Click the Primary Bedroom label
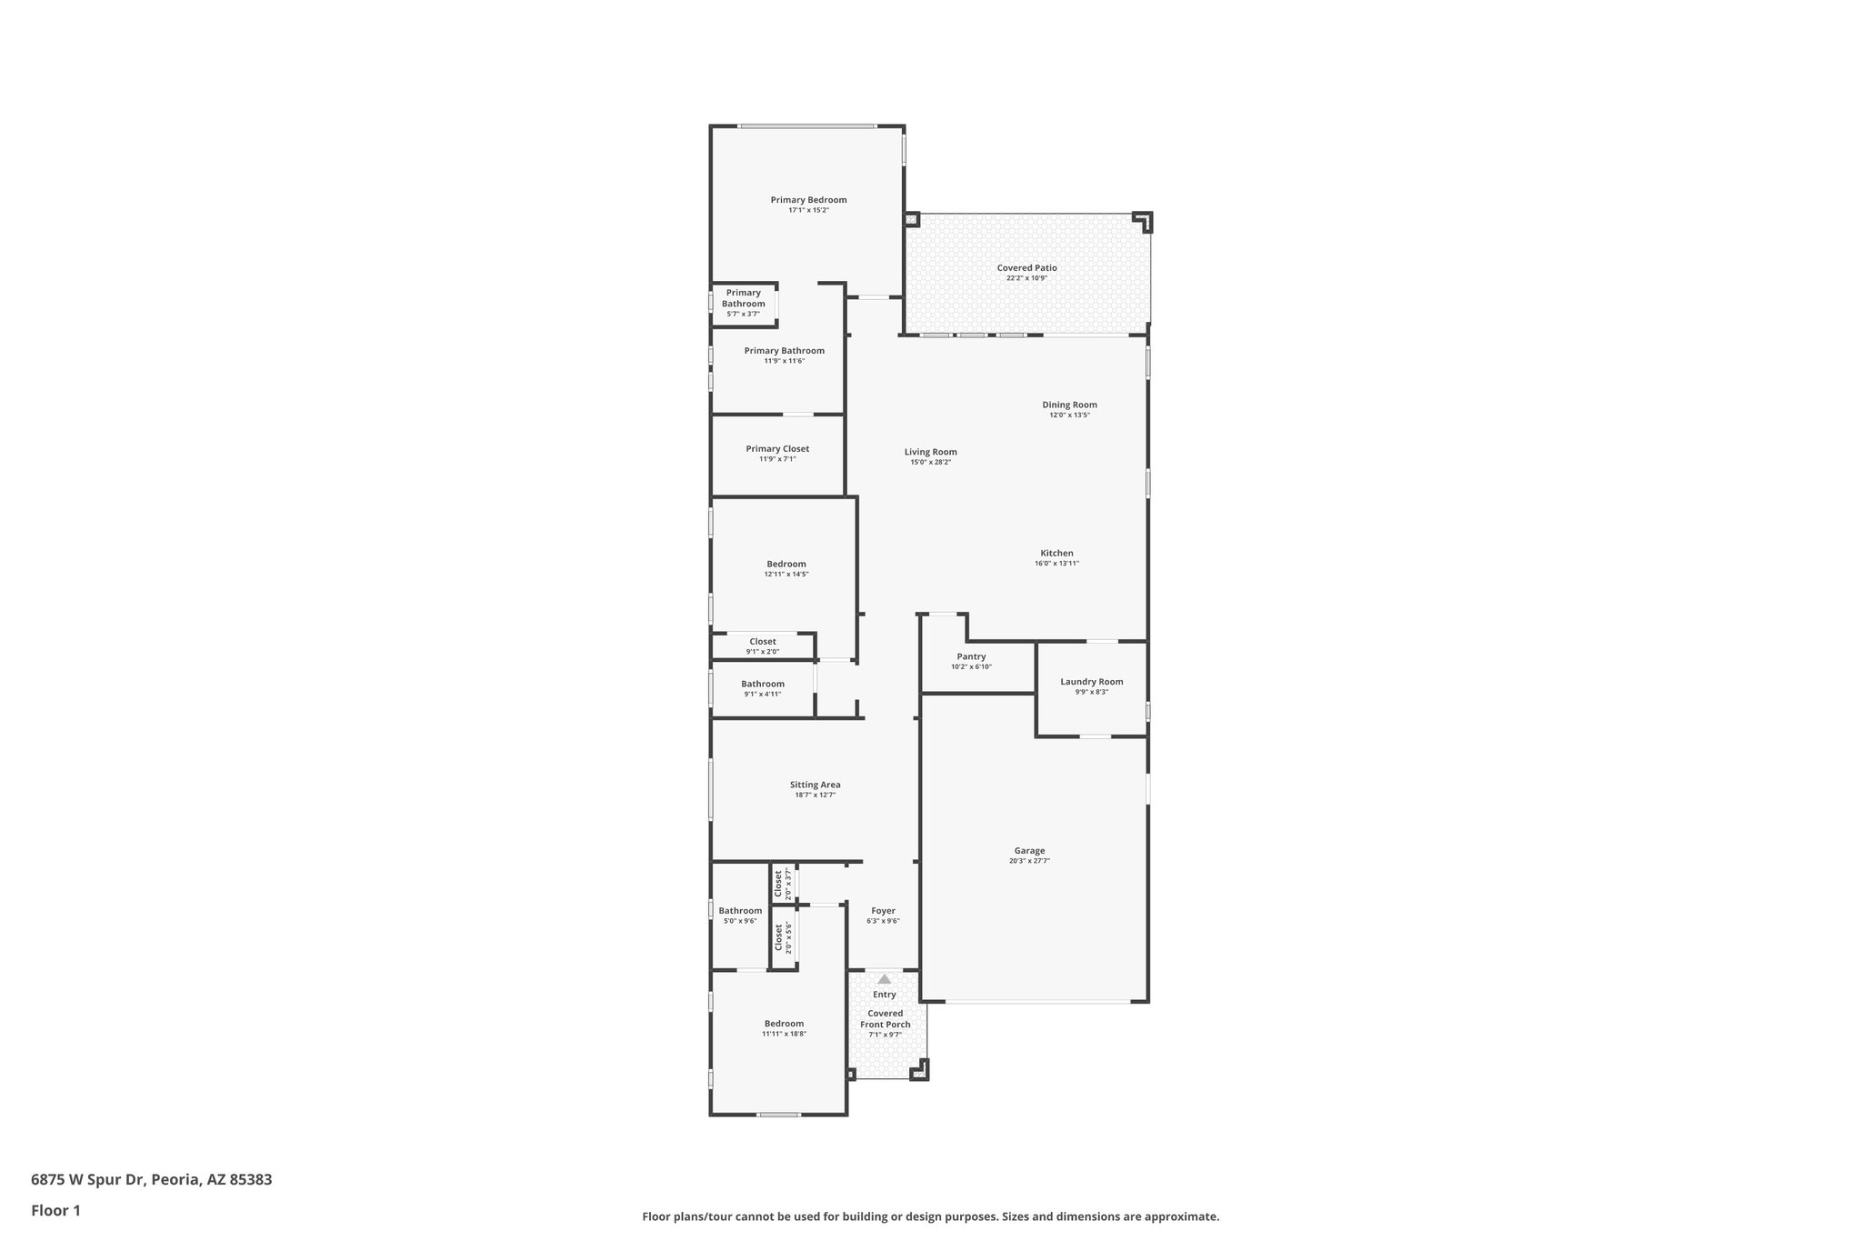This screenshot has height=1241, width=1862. (x=808, y=200)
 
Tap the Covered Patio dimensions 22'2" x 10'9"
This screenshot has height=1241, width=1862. (x=1026, y=278)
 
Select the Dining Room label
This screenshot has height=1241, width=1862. (x=1069, y=405)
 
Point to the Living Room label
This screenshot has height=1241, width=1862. (x=930, y=452)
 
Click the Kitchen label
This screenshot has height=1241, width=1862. (x=1056, y=553)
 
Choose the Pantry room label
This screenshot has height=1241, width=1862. (x=971, y=656)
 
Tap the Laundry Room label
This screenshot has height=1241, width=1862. (x=1091, y=682)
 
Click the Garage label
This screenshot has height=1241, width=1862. (x=1029, y=851)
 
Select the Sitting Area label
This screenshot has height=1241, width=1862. (x=815, y=785)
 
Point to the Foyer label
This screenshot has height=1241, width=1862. (x=883, y=911)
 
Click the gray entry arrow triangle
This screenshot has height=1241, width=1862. (x=885, y=979)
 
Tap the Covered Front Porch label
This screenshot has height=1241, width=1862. (x=885, y=1018)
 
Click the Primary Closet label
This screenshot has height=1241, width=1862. (x=777, y=449)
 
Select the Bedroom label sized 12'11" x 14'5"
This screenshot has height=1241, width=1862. (x=786, y=564)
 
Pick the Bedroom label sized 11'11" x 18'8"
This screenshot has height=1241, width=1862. (x=784, y=1024)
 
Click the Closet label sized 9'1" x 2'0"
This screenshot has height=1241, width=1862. (x=762, y=642)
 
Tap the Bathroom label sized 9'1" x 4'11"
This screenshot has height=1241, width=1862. (x=762, y=684)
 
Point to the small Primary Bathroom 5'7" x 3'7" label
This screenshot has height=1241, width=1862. (x=743, y=298)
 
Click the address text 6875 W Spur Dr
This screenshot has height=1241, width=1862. (x=87, y=1180)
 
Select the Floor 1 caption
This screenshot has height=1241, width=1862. (x=55, y=1211)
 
